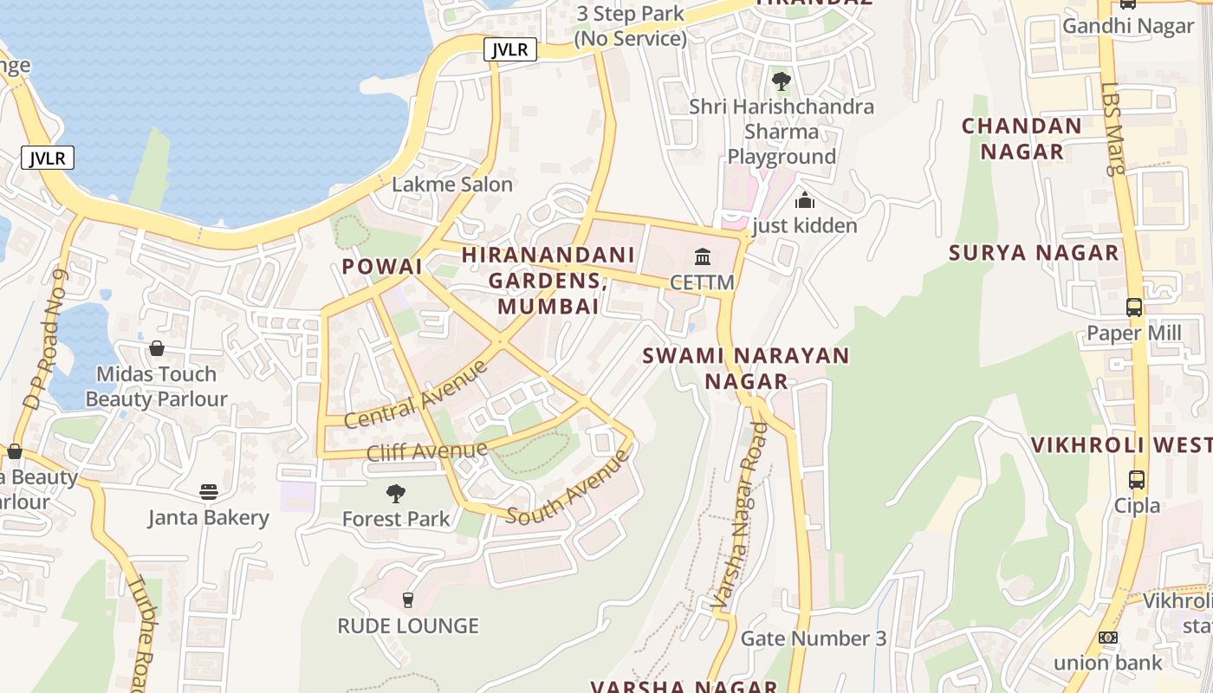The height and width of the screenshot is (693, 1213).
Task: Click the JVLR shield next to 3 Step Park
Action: (x=510, y=49)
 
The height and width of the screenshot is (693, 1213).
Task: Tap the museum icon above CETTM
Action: (x=703, y=257)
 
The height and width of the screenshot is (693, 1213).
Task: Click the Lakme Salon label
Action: (x=452, y=185)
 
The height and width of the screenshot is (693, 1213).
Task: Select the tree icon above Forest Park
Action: (x=396, y=494)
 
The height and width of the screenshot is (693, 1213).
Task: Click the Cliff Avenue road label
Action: (x=427, y=451)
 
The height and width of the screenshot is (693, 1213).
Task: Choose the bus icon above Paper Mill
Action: (x=1133, y=307)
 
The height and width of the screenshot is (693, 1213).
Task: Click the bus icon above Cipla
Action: (x=1136, y=479)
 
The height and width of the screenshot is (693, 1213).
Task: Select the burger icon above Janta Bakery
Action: (x=209, y=492)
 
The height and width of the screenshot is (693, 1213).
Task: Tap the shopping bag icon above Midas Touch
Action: (x=157, y=348)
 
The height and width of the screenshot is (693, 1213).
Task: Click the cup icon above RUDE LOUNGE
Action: (x=408, y=599)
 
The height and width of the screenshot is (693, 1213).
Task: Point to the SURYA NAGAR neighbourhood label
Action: (x=1034, y=253)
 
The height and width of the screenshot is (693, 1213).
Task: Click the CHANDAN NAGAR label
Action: (x=1022, y=139)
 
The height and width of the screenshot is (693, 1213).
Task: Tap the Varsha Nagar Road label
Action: (x=739, y=515)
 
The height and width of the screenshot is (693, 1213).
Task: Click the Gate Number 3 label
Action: (x=814, y=639)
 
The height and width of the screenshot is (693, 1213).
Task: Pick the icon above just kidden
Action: (x=804, y=200)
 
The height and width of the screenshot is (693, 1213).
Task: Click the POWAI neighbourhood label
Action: (x=382, y=266)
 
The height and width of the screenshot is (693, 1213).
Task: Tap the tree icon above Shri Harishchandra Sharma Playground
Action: (x=782, y=81)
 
